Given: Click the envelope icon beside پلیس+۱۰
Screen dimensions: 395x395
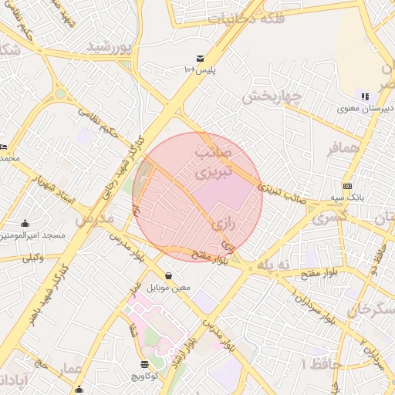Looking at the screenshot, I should pyautogui.click(x=201, y=59).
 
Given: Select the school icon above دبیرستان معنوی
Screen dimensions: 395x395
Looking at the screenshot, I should pyautogui.click(x=364, y=96).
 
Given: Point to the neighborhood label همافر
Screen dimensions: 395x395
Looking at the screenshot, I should pyautogui.click(x=343, y=148).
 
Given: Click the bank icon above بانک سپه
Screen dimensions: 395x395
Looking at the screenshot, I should pyautogui.click(x=347, y=186).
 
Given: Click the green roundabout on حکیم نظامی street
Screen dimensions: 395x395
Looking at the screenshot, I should pyautogui.click(x=60, y=94).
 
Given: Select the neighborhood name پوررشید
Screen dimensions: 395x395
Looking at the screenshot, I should pyautogui.click(x=110, y=47).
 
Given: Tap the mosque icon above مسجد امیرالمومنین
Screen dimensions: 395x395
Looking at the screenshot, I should pyautogui.click(x=25, y=223).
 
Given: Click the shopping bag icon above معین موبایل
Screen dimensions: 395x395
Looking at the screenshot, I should pyautogui.click(x=168, y=275).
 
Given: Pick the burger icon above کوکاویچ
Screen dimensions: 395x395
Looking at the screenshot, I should pyautogui.click(x=144, y=363).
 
